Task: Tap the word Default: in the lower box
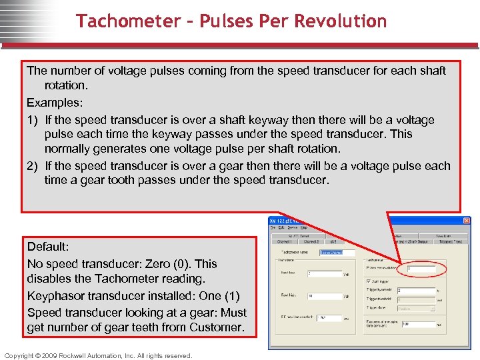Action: (x=48, y=247)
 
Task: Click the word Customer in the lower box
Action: (x=219, y=327)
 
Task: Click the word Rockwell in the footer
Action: (x=77, y=355)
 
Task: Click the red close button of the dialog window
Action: (x=466, y=221)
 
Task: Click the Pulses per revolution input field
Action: (x=421, y=269)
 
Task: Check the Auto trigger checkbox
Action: (x=368, y=281)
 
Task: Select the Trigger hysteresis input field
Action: (x=416, y=291)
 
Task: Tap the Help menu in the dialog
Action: (x=304, y=227)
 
